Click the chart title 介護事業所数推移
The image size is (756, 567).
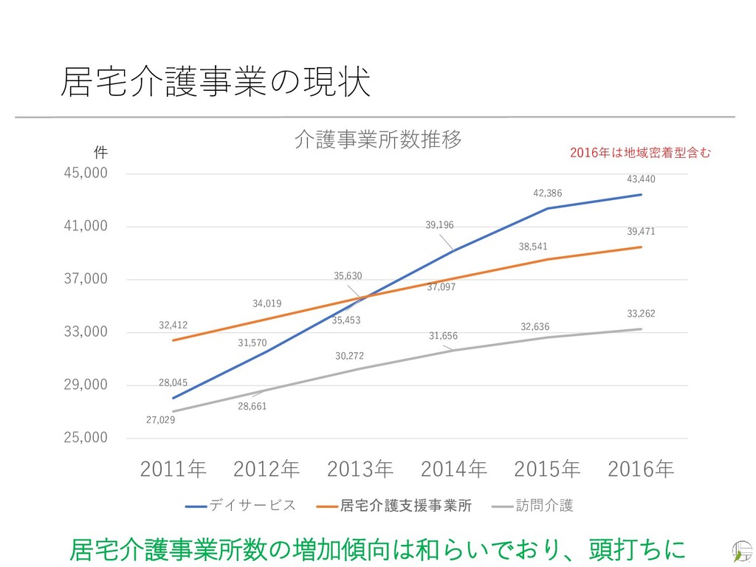coord(378,139)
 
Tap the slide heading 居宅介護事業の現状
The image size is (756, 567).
coord(215,82)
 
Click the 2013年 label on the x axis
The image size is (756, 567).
coord(360,469)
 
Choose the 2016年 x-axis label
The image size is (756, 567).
coord(640,469)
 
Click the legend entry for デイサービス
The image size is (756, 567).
coord(240,506)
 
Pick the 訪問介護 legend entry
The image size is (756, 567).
coord(533,506)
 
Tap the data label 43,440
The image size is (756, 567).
coord(641,179)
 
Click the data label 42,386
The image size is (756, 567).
coord(547,193)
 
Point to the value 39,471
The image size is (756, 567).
coord(641,232)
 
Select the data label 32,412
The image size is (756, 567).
coord(173,325)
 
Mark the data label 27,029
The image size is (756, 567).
coord(160,420)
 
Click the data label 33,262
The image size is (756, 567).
coord(641,314)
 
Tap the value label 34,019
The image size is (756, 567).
coord(267,303)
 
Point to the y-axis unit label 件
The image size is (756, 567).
coord(101,153)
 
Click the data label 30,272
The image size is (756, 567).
coord(349,356)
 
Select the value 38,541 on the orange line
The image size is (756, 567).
coord(533,247)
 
